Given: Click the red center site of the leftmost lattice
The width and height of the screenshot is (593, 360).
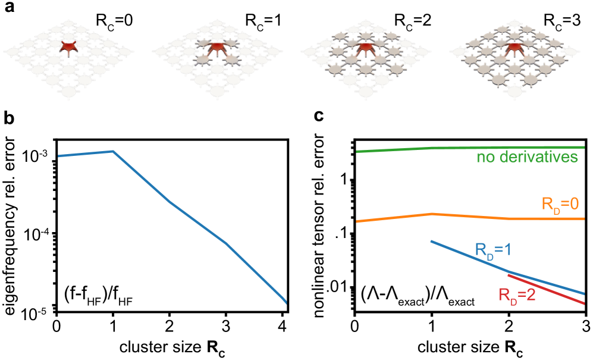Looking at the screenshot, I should pos(69,46).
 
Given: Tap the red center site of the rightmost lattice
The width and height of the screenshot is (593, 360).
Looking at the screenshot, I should pos(514,46).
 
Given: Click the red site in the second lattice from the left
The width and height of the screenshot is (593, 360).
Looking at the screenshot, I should pos(217,46).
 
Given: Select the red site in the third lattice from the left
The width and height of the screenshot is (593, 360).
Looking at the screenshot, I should pos(365,46).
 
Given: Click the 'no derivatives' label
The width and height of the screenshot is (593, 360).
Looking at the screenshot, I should pos(527,158).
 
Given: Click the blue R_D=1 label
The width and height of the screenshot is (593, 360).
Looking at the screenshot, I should pos(494,250).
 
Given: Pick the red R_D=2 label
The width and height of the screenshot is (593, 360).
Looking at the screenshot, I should pos(517,295).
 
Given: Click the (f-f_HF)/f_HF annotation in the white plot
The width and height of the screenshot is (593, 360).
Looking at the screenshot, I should pos(98,296).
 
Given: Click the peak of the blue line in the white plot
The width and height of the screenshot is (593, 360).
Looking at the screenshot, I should pos(113,151).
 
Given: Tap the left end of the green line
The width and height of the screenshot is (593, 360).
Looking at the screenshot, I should pos(357,152).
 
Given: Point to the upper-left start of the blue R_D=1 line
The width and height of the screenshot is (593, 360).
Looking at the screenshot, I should pos(431,241).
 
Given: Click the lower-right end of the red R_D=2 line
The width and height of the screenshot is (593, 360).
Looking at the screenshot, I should pos(584,304).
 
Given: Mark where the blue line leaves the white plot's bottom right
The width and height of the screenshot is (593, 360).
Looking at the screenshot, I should pos(286,303).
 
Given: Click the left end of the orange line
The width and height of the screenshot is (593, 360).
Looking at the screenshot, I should pos(357,221).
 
